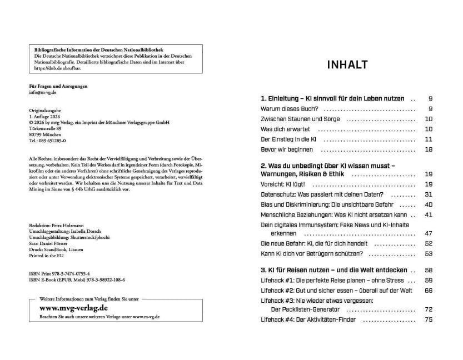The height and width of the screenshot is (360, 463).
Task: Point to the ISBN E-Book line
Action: pos(77,281)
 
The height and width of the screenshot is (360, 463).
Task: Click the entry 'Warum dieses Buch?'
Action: pos(289,109)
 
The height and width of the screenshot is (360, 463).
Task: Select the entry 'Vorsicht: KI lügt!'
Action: pos(283,184)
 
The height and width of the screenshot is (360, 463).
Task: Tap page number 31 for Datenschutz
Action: pos(428,194)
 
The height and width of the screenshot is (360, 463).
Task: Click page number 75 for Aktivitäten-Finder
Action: pos(428,319)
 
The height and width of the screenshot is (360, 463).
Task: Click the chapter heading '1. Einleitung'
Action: pos(332,98)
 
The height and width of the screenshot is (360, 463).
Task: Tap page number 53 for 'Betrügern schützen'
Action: pos(428,254)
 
